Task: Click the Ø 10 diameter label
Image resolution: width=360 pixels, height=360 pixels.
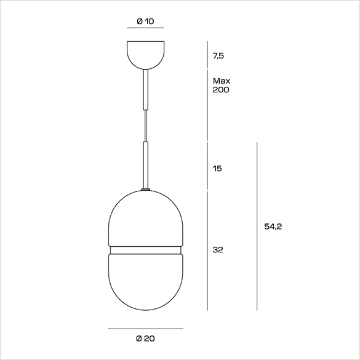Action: pos(145,22)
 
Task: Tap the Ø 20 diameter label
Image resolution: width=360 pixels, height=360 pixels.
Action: pos(145,338)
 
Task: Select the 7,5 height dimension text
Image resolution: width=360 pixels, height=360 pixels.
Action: pos(218,56)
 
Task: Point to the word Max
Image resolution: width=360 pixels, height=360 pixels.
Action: pos(222,81)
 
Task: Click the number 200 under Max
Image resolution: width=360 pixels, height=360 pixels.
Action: pos(221,90)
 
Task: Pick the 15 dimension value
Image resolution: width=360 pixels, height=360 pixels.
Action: pos(217,169)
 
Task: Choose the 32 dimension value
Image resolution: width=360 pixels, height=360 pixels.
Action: pos(218,250)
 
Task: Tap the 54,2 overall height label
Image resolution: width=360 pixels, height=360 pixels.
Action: pos(273,226)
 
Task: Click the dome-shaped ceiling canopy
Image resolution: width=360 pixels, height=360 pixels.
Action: pos(146,55)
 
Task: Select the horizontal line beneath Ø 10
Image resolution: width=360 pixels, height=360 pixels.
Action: pos(146,28)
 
